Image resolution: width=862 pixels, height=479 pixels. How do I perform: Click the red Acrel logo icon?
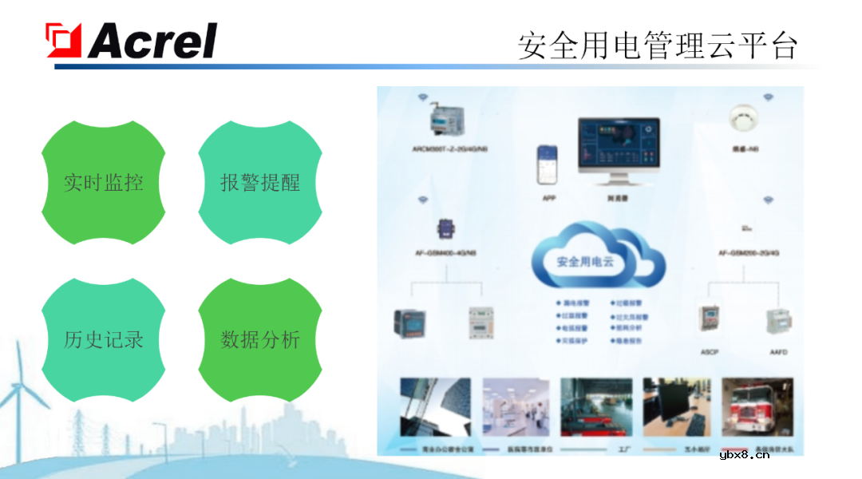coord(64,40)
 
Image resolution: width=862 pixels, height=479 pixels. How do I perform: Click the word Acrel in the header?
coord(152,41)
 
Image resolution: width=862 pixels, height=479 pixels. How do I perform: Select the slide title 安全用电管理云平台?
coord(657,46)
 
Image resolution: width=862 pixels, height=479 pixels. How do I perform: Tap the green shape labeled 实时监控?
coord(103,183)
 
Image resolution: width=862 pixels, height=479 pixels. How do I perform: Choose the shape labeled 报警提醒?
coord(260,183)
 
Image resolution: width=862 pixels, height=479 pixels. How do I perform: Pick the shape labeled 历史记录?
coord(103,340)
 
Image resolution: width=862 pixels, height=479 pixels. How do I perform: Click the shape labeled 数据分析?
coord(260,340)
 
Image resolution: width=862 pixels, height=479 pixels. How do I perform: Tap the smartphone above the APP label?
coord(548,166)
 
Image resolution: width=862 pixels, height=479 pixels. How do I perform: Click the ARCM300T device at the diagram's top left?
coord(447,120)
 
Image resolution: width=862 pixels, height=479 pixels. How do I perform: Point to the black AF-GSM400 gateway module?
coord(444,229)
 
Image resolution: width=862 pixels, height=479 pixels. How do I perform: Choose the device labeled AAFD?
coord(777,323)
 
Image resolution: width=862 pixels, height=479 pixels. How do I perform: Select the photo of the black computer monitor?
coord(677,407)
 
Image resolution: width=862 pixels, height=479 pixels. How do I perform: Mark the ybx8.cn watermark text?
coord(744,455)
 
